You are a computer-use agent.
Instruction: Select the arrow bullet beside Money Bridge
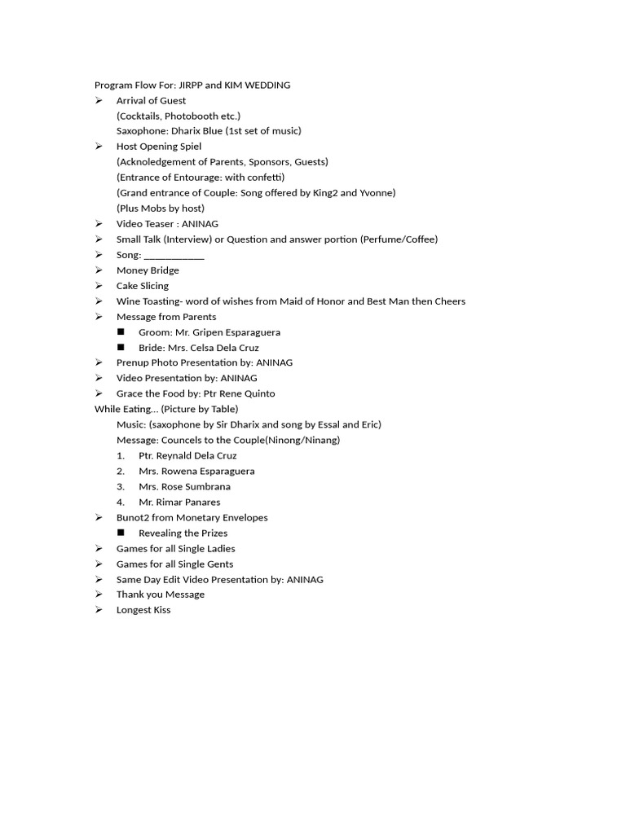99,270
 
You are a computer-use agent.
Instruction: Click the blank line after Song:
174,255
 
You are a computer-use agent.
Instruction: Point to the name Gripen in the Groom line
192,332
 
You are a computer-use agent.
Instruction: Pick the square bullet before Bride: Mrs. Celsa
121,348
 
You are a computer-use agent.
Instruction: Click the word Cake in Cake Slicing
127,286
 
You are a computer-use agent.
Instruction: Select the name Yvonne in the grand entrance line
377,193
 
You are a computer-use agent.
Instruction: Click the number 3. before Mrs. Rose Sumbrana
121,487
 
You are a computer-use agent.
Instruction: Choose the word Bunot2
133,518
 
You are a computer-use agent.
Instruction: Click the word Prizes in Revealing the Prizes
211,533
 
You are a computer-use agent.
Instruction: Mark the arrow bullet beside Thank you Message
99,595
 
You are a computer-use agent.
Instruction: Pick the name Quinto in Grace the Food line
257,394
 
